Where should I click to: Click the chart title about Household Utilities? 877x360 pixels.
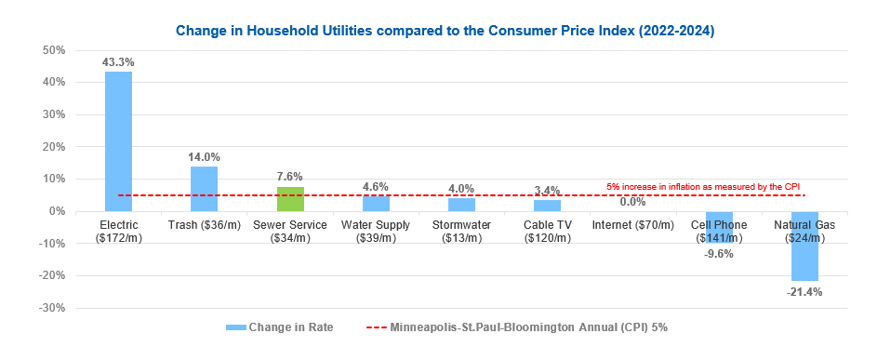click(439, 31)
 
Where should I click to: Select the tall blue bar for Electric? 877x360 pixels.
click(118, 140)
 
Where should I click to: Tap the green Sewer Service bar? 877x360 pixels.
click(290, 199)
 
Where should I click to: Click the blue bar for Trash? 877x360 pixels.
click(204, 189)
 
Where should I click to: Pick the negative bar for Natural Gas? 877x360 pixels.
click(804, 246)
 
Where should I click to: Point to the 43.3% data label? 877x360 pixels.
click(118, 62)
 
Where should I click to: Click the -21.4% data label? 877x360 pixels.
click(805, 291)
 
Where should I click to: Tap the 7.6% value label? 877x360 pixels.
click(290, 177)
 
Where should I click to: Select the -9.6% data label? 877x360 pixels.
click(719, 253)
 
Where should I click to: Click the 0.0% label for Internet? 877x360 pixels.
click(632, 201)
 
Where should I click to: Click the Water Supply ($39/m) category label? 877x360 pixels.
click(376, 232)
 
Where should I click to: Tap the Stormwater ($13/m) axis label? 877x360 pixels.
click(461, 232)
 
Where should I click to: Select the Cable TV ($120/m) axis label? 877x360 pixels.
click(547, 232)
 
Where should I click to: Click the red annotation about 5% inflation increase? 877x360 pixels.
click(703, 187)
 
